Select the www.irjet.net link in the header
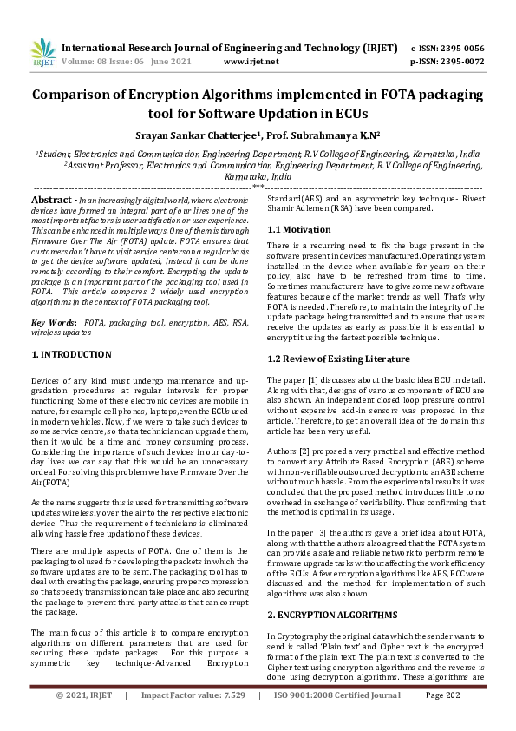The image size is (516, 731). [x=251, y=62]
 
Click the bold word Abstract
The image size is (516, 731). [x=51, y=200]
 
